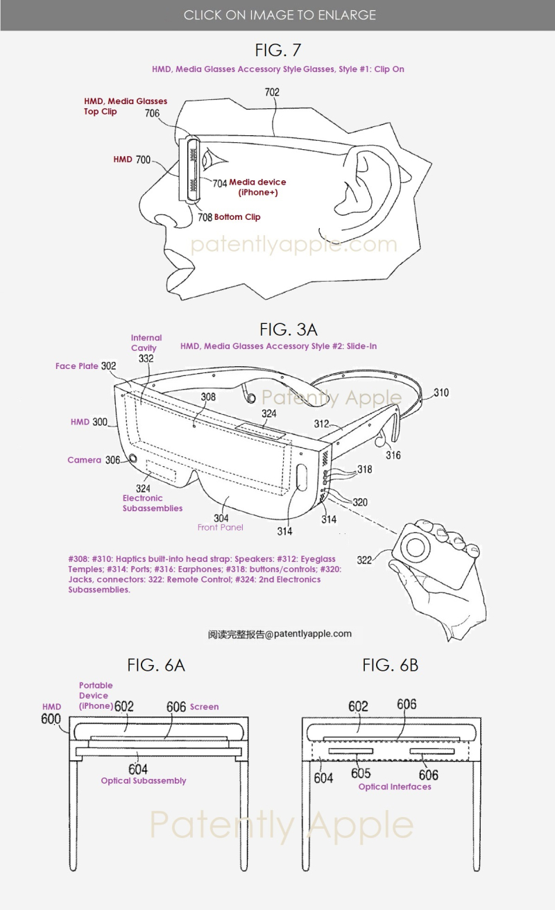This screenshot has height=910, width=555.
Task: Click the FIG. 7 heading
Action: (278, 50)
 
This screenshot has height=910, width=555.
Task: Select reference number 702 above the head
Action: (272, 92)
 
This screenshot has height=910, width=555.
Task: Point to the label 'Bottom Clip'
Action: (237, 217)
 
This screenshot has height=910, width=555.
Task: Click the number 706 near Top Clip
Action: (153, 113)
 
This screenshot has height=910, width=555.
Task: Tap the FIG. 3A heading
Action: (289, 329)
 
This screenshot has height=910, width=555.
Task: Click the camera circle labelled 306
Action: (133, 458)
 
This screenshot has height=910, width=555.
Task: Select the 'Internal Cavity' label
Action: (146, 343)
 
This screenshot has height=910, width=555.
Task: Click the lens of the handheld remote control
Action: (416, 549)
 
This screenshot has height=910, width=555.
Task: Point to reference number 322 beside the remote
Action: (364, 560)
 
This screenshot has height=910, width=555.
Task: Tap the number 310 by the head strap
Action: (441, 393)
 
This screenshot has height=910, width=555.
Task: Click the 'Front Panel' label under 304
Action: (220, 527)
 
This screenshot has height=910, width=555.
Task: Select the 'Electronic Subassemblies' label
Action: (153, 503)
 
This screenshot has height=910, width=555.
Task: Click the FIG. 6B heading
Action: (390, 665)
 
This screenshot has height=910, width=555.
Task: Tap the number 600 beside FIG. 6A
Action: (51, 719)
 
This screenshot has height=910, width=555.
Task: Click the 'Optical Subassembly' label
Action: (144, 780)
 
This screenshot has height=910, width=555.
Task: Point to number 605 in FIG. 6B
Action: (361, 773)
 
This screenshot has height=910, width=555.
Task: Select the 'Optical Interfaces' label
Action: (395, 787)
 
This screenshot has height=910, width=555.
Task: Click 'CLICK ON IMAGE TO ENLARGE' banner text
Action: (280, 15)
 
